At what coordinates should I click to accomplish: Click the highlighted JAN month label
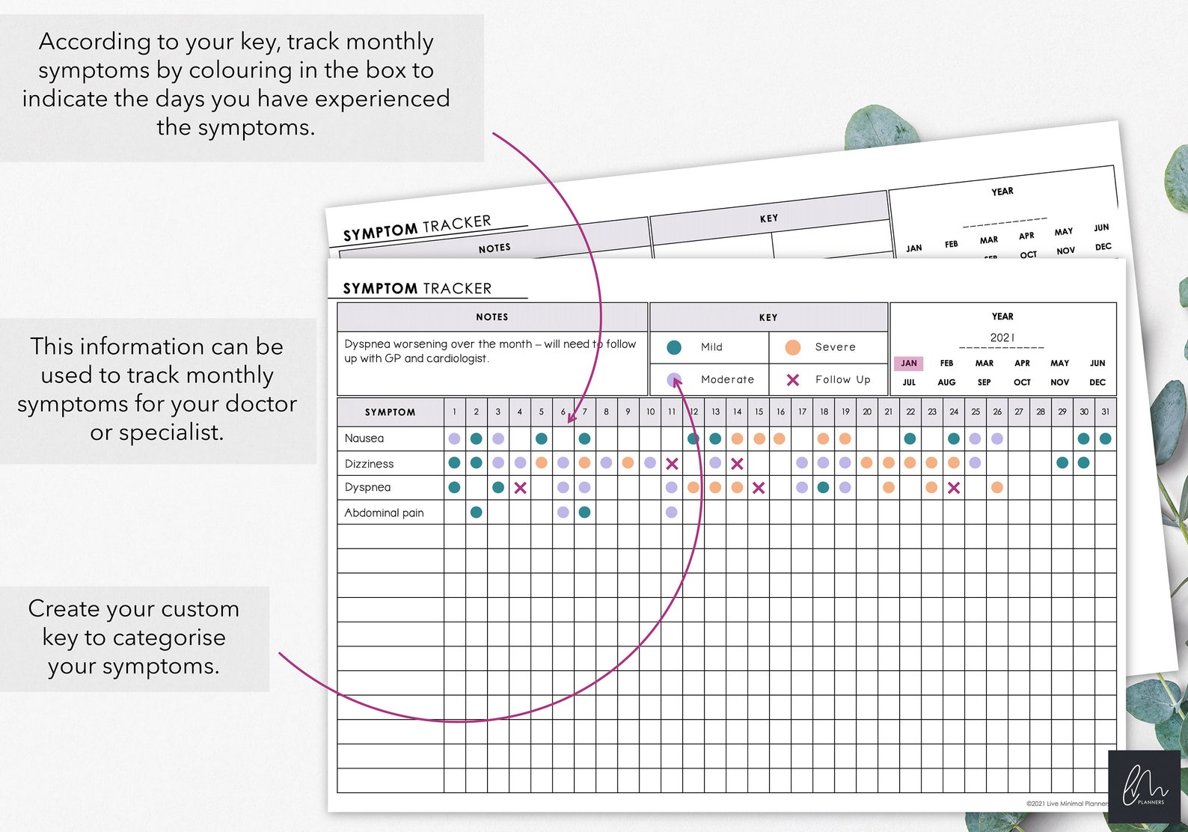pyautogui.click(x=909, y=364)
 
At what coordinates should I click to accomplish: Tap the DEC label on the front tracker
pyautogui.click(x=1097, y=382)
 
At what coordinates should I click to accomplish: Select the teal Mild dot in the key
pyautogui.click(x=674, y=347)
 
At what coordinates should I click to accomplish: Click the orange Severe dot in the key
pyautogui.click(x=793, y=347)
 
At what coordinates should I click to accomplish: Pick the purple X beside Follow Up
pyautogui.click(x=793, y=380)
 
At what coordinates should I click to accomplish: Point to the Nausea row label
pyautogui.click(x=364, y=438)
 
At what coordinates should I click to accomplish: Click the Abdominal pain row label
pyautogui.click(x=384, y=513)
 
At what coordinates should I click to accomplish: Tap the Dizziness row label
pyautogui.click(x=369, y=464)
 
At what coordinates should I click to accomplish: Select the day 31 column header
pyautogui.click(x=1105, y=412)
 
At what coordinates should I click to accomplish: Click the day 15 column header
pyautogui.click(x=759, y=412)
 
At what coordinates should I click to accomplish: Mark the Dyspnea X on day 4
pyautogui.click(x=520, y=488)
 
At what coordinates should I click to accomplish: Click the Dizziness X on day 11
pyautogui.click(x=672, y=464)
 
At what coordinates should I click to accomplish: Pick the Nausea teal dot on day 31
pyautogui.click(x=1105, y=439)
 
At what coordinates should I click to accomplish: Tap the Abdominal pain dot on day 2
pyautogui.click(x=477, y=513)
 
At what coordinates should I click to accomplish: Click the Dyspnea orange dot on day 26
pyautogui.click(x=996, y=488)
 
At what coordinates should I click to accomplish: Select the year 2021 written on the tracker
pyautogui.click(x=1002, y=337)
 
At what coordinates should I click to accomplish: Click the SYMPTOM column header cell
pyautogui.click(x=390, y=412)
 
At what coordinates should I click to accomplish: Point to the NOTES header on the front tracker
pyautogui.click(x=492, y=317)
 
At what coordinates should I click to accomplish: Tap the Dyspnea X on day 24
pyautogui.click(x=953, y=488)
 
